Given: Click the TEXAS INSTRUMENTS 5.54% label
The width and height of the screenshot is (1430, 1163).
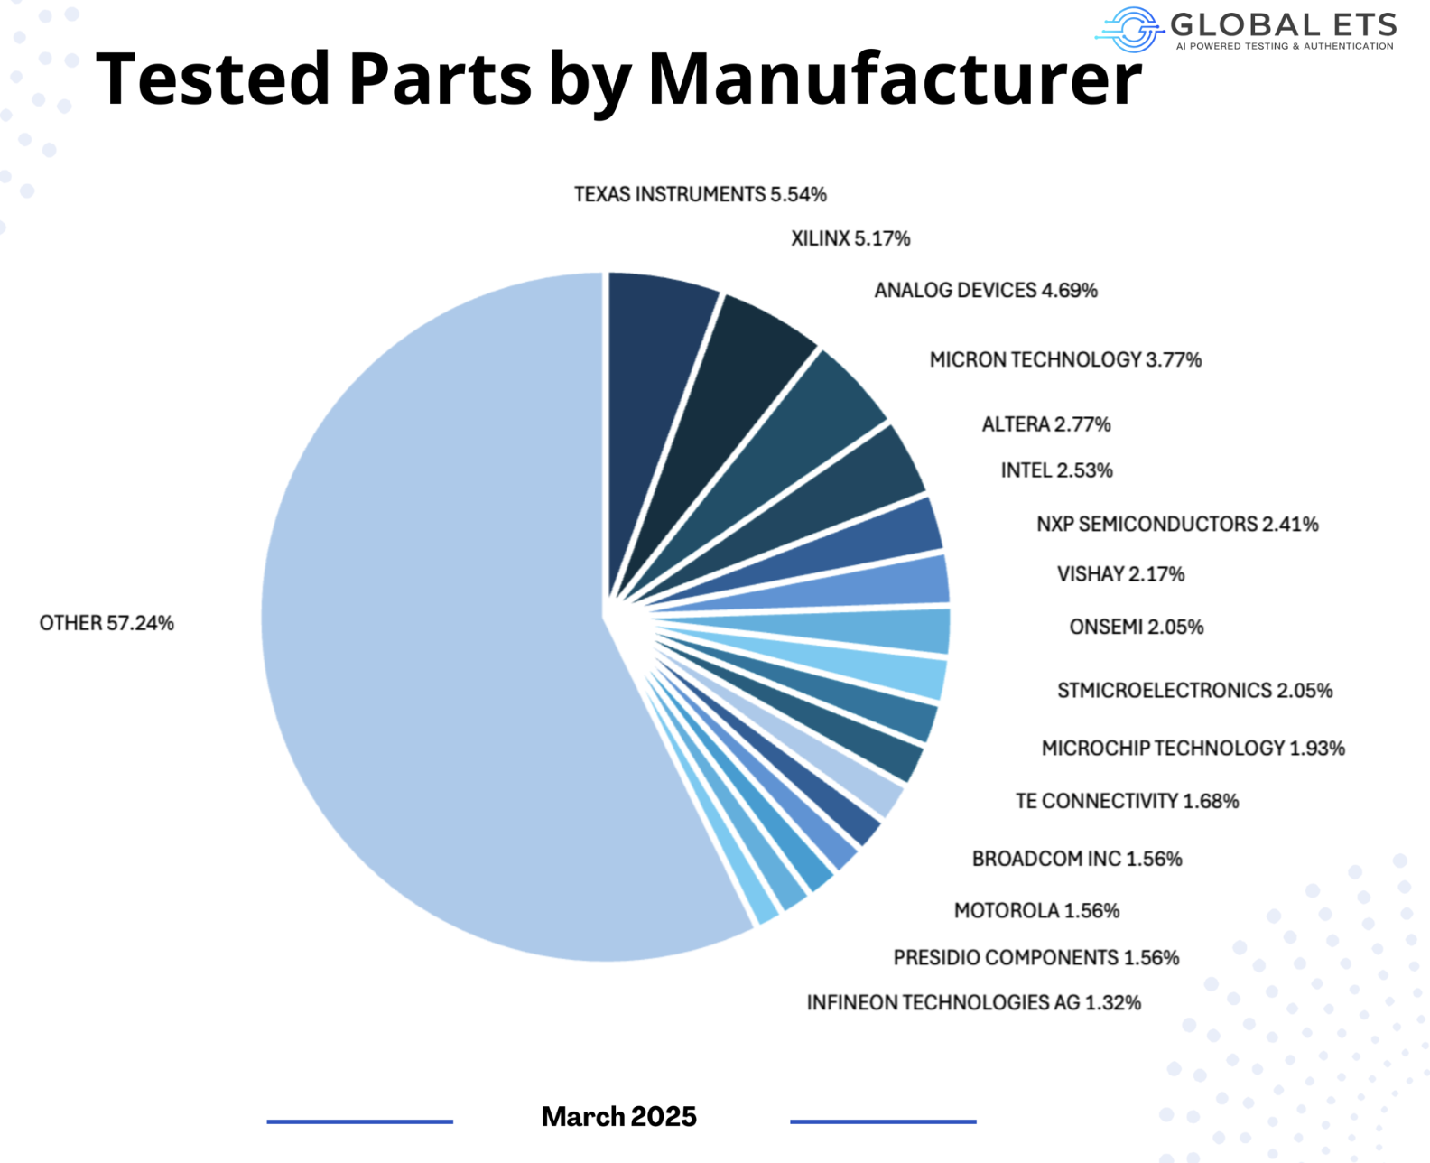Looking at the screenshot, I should [x=700, y=194].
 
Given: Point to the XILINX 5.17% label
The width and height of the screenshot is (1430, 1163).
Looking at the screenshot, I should [x=850, y=238].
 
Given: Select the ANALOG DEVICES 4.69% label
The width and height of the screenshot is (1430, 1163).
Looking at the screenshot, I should [x=985, y=291].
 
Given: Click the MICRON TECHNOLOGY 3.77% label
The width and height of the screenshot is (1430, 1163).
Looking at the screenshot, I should [x=1065, y=360].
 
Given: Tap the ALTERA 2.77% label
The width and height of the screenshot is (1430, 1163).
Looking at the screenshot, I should [x=1045, y=424].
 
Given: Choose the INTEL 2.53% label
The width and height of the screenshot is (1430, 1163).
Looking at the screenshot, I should [x=1056, y=470].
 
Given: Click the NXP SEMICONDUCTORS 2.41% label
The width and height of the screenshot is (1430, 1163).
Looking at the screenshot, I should [x=1176, y=524].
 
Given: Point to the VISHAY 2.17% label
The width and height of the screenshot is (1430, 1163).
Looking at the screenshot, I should [x=1120, y=574].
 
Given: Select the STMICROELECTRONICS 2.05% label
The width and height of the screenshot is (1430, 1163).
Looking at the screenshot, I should [x=1194, y=691].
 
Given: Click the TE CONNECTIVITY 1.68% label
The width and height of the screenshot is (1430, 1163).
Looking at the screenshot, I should [x=1127, y=801].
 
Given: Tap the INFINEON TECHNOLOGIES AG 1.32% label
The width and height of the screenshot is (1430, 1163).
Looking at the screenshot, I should [x=973, y=1002].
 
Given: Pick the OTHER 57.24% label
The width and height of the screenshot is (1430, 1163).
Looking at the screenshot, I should [x=107, y=623].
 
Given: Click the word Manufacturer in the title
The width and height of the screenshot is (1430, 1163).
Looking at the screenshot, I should [x=895, y=79].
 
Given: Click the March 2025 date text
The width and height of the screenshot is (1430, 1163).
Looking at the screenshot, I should [x=618, y=1117].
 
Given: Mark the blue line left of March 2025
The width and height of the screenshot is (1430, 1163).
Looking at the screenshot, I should [x=359, y=1121].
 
